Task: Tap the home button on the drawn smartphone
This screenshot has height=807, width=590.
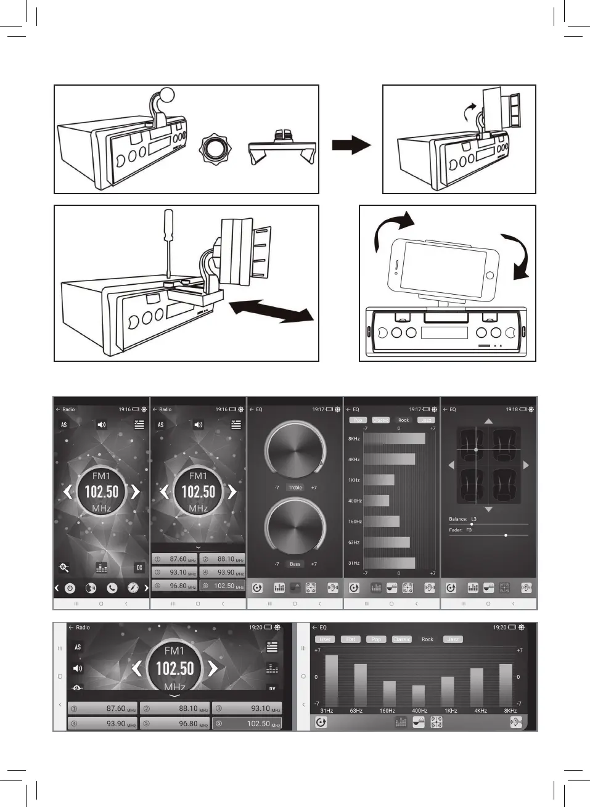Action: click(x=490, y=275)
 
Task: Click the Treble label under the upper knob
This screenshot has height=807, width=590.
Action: click(x=295, y=488)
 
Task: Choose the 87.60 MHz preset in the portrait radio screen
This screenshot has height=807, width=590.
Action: click(x=174, y=559)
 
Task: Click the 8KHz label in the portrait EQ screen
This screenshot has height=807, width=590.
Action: click(x=354, y=439)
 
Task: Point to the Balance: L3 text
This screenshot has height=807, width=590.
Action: click(x=463, y=519)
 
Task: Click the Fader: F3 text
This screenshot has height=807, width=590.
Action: click(x=461, y=530)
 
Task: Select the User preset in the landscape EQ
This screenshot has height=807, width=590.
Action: click(x=325, y=639)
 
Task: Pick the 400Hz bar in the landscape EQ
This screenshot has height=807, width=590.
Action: click(x=419, y=695)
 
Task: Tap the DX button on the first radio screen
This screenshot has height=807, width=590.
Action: click(x=139, y=567)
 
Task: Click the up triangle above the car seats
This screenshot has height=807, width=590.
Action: click(x=488, y=421)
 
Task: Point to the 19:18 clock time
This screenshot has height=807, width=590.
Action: click(x=512, y=409)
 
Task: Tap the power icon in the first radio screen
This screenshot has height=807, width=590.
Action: click(x=70, y=588)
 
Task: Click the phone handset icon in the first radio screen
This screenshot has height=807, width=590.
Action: click(x=112, y=588)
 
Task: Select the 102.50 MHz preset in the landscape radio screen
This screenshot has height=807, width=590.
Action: click(x=247, y=724)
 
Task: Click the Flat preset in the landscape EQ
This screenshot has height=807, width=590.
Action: click(x=351, y=639)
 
